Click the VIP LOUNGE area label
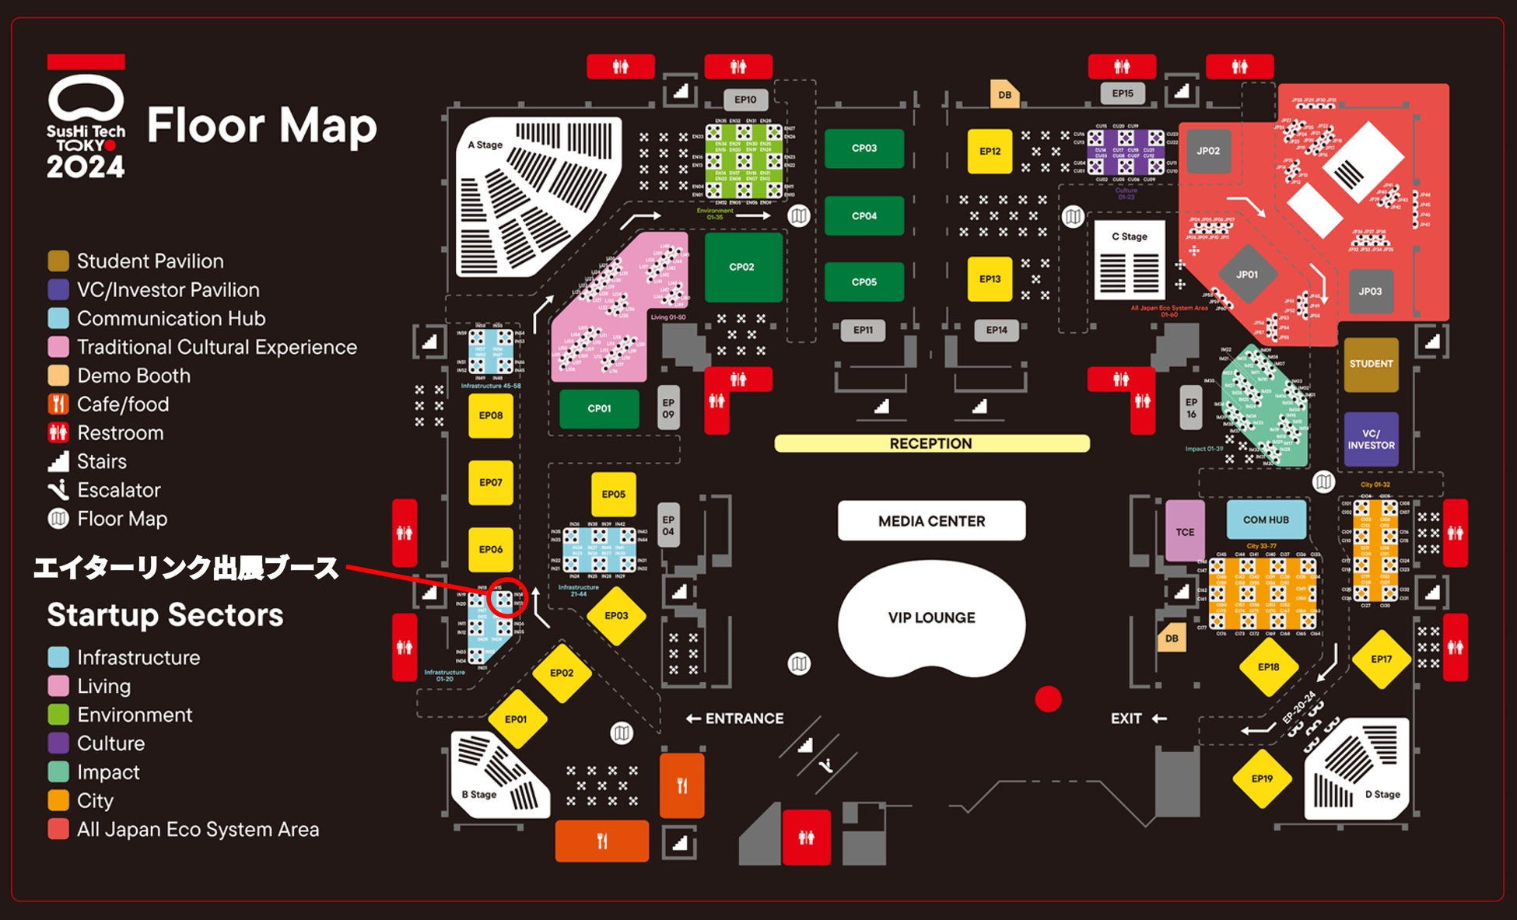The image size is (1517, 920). tap(931, 617)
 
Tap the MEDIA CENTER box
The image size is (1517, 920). tap(931, 521)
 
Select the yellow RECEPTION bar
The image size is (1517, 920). tap(931, 443)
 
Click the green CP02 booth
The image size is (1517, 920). tap(742, 267)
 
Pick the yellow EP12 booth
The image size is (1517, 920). tap(990, 151)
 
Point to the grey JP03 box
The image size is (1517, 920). tap(1370, 292)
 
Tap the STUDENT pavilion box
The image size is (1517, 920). tap(1371, 364)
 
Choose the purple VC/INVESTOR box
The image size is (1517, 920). tap(1371, 439)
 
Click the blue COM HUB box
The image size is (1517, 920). tap(1266, 519)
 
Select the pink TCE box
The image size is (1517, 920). tap(1184, 532)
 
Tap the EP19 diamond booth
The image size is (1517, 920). tap(1262, 778)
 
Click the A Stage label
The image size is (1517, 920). tap(485, 145)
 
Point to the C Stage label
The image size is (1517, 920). tap(1129, 236)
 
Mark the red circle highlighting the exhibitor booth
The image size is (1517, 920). tap(508, 599)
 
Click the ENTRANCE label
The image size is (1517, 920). tap(735, 719)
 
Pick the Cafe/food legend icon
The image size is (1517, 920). tap(58, 404)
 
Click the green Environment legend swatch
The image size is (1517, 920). tap(58, 715)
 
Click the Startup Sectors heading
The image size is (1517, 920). tap(165, 615)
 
